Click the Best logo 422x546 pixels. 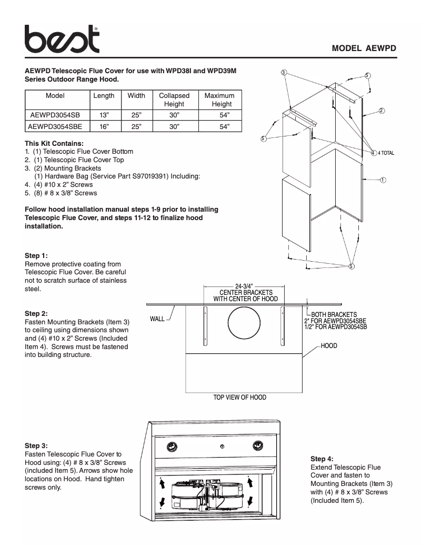pyautogui.click(x=62, y=39)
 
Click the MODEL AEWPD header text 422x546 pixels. pyautogui.click(x=364, y=48)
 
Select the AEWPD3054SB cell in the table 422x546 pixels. pyautogui.click(x=55, y=114)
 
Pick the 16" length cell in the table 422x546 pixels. pyautogui.click(x=104, y=126)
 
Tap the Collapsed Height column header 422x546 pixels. pyautogui.click(x=174, y=100)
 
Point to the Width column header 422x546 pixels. pyautogui.click(x=136, y=96)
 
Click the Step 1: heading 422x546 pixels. pyautogui.click(x=36, y=256)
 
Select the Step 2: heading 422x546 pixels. pyautogui.click(x=36, y=313)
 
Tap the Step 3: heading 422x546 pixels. pyautogui.click(x=36, y=445)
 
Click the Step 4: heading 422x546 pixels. pyautogui.click(x=321, y=459)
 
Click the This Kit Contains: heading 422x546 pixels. pyautogui.click(x=54, y=143)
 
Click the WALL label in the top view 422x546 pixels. pyautogui.click(x=157, y=319)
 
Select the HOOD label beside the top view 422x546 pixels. pyautogui.click(x=329, y=346)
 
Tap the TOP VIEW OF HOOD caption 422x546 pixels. pyautogui.click(x=239, y=398)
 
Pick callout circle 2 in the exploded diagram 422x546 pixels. pyautogui.click(x=381, y=111)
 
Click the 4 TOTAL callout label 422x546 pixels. pyautogui.click(x=386, y=153)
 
